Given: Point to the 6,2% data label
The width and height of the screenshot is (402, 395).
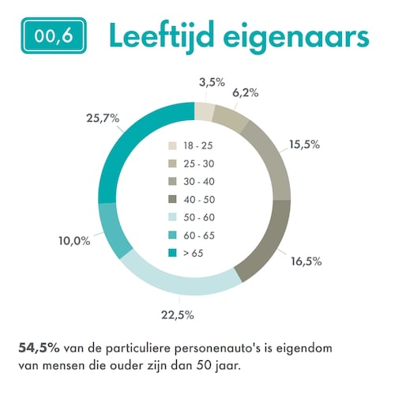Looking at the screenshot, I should tap(246, 92).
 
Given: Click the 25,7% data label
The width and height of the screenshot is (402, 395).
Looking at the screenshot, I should tap(103, 118).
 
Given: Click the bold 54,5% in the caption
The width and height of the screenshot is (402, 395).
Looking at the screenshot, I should tap(34, 347).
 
